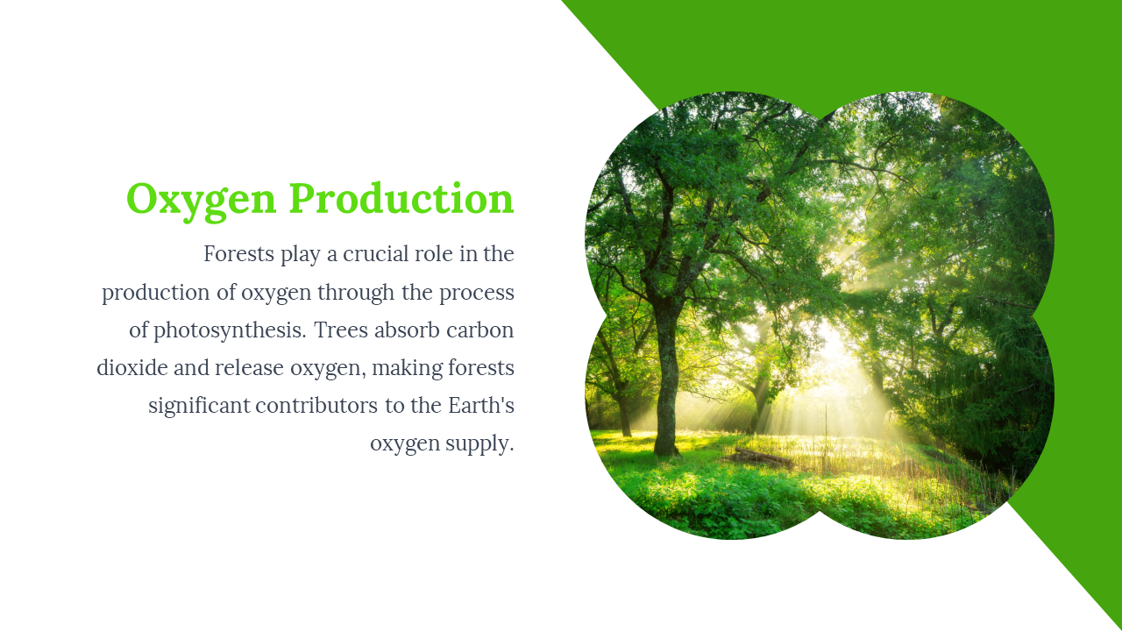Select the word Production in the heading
click(401, 198)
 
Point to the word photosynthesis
click(230, 331)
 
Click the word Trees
click(341, 330)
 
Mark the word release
click(250, 367)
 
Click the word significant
click(199, 406)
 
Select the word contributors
click(316, 405)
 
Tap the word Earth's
click(481, 405)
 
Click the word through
click(356, 294)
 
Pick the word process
click(477, 294)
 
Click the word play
click(300, 255)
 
